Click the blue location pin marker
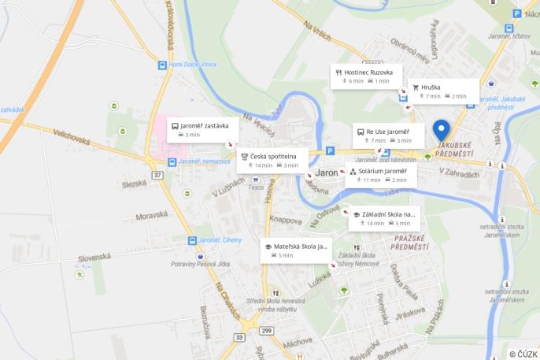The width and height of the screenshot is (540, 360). point(441,130)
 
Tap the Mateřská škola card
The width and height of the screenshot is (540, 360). point(296,251)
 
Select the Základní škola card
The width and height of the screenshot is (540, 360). point(384,217)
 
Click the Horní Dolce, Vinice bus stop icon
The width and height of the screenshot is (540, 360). point(162,65)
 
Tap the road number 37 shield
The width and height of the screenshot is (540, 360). point(158,174)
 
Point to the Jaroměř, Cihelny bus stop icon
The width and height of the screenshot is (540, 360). point(192,240)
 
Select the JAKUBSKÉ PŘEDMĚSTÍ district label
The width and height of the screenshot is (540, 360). point(453,148)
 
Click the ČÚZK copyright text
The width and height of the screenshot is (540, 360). point(523,354)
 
